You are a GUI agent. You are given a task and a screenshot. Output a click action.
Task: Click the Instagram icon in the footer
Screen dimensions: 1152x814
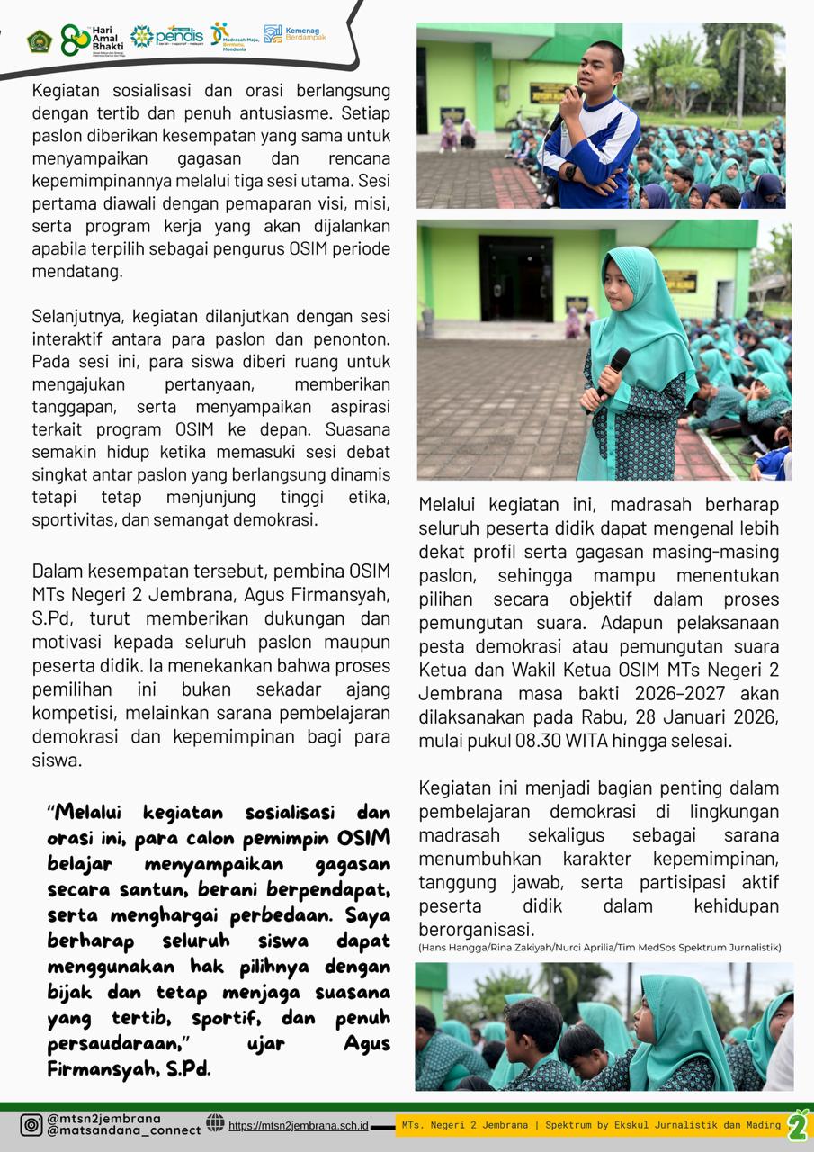click(x=31, y=1125)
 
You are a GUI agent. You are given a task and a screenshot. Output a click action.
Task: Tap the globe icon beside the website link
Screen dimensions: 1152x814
click(x=215, y=1122)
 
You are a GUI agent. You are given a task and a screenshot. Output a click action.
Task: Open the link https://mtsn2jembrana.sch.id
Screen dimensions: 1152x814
click(x=298, y=1125)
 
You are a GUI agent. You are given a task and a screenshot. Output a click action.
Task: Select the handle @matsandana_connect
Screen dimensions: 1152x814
click(x=123, y=1130)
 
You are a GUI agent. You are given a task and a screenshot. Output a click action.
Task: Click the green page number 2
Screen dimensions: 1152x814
click(x=798, y=1125)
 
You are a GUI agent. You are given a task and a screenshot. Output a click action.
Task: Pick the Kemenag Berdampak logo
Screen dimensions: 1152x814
click(x=295, y=35)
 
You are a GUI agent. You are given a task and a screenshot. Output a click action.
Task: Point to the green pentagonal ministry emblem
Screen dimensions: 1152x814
click(x=39, y=40)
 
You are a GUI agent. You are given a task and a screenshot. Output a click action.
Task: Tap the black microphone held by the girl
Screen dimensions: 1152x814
click(x=615, y=371)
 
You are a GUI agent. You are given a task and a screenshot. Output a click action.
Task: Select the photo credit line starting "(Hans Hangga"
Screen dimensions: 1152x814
click(x=599, y=947)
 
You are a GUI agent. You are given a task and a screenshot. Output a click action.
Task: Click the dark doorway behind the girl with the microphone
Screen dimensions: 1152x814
click(x=515, y=279)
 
